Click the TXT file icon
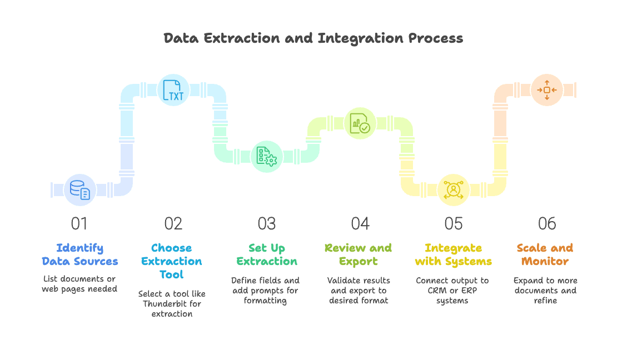click(173, 90)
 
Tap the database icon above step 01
click(80, 190)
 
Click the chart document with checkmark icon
click(360, 123)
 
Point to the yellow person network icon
click(454, 190)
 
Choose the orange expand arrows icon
click(546, 90)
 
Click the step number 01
click(79, 224)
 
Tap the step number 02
click(173, 224)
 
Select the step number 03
click(267, 224)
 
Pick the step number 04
click(360, 224)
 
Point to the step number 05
click(454, 224)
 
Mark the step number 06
click(547, 224)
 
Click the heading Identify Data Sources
click(80, 254)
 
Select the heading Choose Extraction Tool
click(172, 261)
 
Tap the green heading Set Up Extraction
click(267, 254)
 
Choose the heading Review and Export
click(359, 254)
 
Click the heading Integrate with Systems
click(454, 254)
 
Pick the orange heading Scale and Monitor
click(545, 254)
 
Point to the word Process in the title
click(435, 38)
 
